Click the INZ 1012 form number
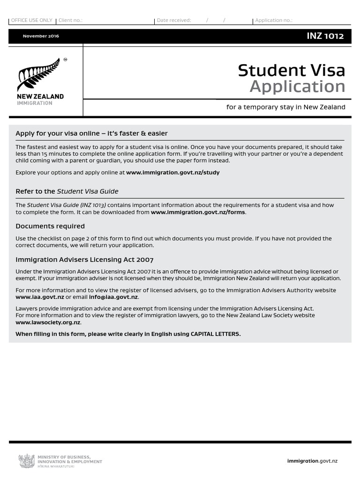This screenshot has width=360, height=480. tap(325, 36)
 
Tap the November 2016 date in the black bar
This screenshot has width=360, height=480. tap(41, 36)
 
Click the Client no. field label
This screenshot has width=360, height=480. tap(70, 21)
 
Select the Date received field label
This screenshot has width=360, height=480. tap(174, 21)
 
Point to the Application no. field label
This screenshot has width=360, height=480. tap(274, 21)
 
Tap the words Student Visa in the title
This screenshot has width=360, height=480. tap(291, 70)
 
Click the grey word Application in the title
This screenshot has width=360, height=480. tap(297, 87)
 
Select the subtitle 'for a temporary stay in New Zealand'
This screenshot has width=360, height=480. tap(285, 107)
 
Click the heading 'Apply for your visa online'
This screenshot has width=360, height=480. tap(91, 134)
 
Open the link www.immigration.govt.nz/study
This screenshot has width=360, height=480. tap(172, 172)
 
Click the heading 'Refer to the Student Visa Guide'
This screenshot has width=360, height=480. tap(67, 191)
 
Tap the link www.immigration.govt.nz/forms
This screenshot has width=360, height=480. tap(198, 212)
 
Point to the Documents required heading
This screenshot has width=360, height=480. tap(50, 226)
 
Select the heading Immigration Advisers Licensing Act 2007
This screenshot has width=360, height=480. tap(84, 260)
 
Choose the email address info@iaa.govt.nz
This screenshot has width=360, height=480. tap(113, 297)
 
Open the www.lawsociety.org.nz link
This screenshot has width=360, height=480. tap(48, 322)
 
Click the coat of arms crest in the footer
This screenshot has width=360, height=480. tap(27, 461)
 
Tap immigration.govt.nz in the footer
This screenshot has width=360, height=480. tap(312, 461)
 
